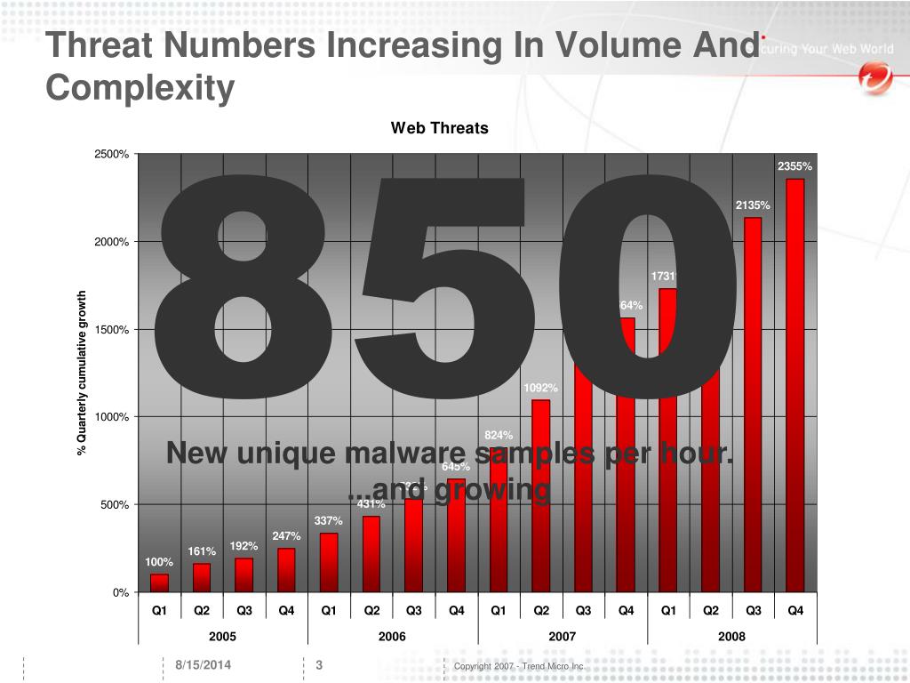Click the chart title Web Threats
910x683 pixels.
pyautogui.click(x=439, y=128)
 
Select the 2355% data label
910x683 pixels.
pyautogui.click(x=794, y=166)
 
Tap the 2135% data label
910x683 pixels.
pyautogui.click(x=753, y=205)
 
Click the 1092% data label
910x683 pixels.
pyautogui.click(x=540, y=388)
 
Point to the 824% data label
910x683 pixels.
pyautogui.click(x=499, y=435)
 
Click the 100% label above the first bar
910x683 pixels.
pyautogui.click(x=159, y=562)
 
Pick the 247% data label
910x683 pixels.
pyautogui.click(x=286, y=536)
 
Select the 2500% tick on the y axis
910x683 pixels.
pyautogui.click(x=111, y=155)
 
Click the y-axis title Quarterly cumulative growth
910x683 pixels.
pyautogui.click(x=82, y=374)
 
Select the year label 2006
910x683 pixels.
pyautogui.click(x=392, y=636)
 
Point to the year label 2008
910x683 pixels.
pyautogui.click(x=731, y=636)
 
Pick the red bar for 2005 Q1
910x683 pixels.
pyautogui.click(x=159, y=583)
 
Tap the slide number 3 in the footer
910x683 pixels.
pyautogui.click(x=318, y=666)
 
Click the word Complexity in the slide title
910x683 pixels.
pyautogui.click(x=140, y=88)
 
